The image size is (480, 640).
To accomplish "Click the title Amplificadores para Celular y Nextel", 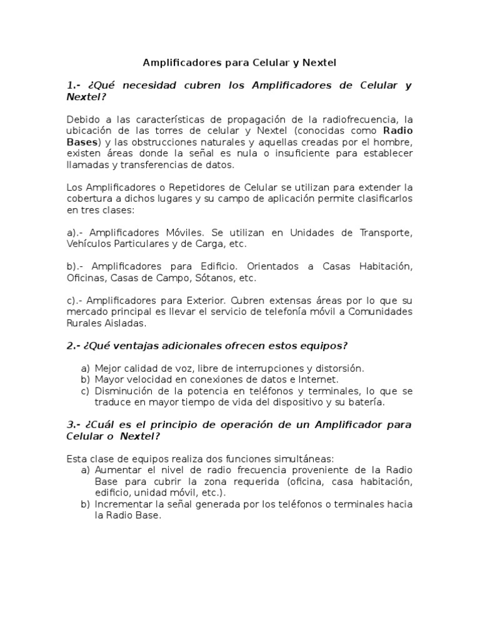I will coord(240,62).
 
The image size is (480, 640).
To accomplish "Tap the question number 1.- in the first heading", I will coord(74,85).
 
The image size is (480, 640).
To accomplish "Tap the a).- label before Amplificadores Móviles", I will coord(75,232).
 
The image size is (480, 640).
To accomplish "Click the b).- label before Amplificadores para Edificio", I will coord(75,266).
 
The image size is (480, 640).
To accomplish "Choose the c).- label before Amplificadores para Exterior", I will coord(75,301).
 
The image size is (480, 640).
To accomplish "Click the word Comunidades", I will coord(379,312).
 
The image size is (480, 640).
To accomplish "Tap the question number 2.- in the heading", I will coord(74,346).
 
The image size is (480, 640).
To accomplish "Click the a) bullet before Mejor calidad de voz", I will coord(86,368).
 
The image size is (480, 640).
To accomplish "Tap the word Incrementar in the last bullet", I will coord(122,504).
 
